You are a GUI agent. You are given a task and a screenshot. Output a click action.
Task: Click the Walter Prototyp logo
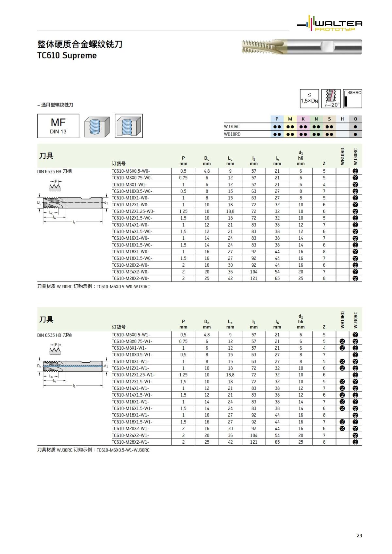point(329,24)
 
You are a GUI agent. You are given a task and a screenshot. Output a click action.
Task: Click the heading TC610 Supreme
point(67,55)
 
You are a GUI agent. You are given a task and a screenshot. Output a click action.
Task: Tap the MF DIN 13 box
point(58,126)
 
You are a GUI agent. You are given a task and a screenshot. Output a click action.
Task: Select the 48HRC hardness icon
point(352,99)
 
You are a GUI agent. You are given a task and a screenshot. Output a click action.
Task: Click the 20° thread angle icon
point(331,99)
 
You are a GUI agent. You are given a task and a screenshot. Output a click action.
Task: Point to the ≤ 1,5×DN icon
point(309,99)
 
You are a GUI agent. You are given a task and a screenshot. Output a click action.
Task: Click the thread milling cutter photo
point(302,47)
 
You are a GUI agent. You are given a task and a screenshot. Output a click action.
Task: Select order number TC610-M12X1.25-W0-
point(133,211)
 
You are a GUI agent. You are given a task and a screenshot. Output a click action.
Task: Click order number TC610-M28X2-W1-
point(130,442)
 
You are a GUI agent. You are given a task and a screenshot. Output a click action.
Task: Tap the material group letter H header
point(342,119)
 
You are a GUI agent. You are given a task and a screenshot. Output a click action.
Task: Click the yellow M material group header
point(290,119)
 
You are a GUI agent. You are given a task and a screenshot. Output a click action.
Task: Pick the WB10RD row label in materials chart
point(232,134)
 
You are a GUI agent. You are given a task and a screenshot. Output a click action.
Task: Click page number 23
point(359,535)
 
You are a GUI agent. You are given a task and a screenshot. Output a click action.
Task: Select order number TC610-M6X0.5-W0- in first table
point(131,171)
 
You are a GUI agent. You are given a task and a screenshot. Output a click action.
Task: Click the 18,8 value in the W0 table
point(230,211)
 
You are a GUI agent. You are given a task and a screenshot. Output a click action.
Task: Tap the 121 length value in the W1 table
point(254,442)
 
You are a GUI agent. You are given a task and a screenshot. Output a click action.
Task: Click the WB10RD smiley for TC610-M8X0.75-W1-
point(342,341)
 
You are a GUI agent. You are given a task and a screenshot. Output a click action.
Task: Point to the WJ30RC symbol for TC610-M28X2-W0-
point(355,278)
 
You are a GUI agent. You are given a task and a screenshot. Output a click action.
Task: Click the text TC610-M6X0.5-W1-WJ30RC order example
point(123,450)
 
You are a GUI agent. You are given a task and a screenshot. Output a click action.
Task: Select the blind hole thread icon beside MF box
point(97,126)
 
